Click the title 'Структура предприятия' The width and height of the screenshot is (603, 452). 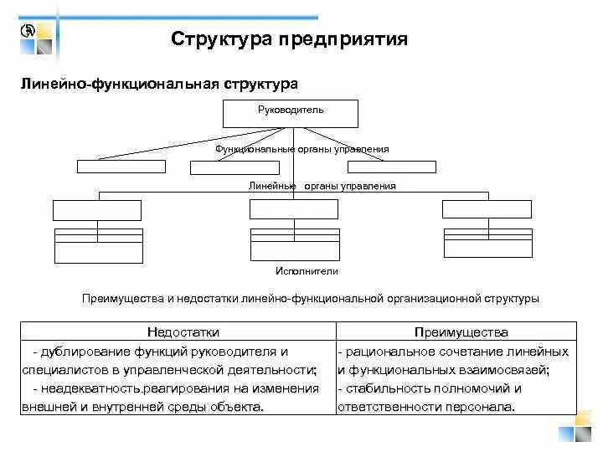click(x=289, y=39)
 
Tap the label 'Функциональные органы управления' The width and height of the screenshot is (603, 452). click(x=301, y=149)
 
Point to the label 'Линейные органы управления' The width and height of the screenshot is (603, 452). click(x=322, y=186)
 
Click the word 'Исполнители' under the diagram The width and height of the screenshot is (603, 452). click(x=307, y=271)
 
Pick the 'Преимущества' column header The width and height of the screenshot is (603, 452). click(x=456, y=331)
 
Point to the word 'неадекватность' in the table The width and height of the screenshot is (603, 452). click(x=89, y=388)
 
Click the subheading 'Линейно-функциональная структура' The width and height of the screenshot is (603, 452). click(x=158, y=85)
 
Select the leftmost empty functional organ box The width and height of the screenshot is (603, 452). click(x=121, y=166)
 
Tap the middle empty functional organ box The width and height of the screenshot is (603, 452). click(x=234, y=167)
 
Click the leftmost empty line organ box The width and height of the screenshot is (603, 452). click(x=97, y=210)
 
